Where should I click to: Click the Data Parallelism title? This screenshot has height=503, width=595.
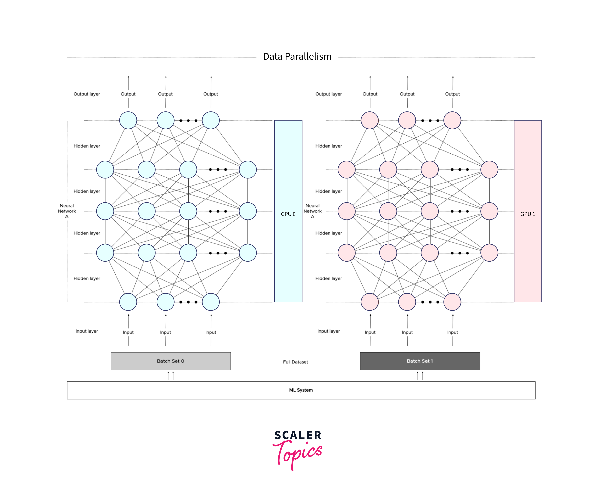[297, 57]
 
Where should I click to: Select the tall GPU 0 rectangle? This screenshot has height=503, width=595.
[288, 211]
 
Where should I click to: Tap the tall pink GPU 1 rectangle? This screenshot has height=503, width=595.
[528, 211]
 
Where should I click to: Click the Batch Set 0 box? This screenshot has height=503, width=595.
[171, 361]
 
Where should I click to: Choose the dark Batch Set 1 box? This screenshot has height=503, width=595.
[420, 361]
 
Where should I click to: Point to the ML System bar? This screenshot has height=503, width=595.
[301, 390]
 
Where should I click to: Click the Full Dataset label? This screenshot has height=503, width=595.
[295, 362]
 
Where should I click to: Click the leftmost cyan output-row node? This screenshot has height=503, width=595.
[128, 120]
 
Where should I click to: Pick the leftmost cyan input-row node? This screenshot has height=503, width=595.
[128, 302]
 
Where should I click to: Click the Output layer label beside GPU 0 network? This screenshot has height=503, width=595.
[87, 94]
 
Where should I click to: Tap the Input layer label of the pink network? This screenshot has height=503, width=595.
[328, 331]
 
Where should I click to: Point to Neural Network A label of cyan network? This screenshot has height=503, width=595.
[67, 211]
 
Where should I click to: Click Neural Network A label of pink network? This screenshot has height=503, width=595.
[313, 211]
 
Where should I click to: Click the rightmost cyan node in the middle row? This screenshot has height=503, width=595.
[248, 211]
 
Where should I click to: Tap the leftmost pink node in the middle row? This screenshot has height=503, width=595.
[346, 211]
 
